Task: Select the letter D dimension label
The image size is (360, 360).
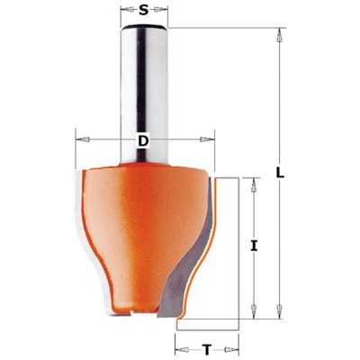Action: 143,140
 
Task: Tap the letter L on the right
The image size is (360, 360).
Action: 281,172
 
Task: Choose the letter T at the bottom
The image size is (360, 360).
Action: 208,346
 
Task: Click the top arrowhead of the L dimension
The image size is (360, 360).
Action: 280,37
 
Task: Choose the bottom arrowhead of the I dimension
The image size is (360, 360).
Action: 255,310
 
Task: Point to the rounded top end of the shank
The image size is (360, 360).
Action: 144,31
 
